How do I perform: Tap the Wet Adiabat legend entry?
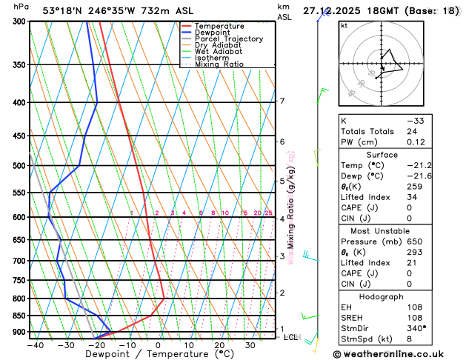click(218, 51)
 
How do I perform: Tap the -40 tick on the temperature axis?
click(35, 345)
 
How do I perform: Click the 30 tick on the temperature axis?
click(250, 345)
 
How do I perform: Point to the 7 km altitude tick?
click(282, 101)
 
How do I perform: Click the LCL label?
click(290, 337)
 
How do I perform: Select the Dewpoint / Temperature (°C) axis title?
click(150, 354)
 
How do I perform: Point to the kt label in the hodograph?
click(344, 26)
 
